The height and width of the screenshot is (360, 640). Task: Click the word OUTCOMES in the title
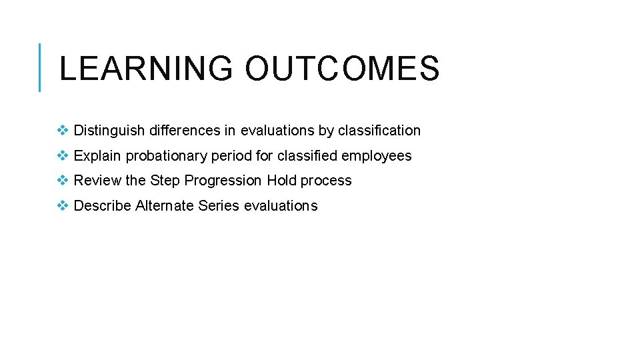coord(342,69)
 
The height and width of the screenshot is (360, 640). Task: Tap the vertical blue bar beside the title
coord(40,67)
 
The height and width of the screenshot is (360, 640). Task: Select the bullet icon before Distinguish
coord(63,131)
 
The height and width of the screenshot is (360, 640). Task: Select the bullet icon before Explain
coord(63,156)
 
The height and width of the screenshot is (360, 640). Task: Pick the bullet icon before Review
coord(63,181)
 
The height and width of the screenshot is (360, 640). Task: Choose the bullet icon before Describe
coord(63,206)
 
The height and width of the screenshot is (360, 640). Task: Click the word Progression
coord(223,181)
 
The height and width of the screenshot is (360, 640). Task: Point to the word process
coord(326,181)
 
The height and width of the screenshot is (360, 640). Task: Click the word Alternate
coord(165,206)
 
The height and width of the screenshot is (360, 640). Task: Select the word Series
coord(219,206)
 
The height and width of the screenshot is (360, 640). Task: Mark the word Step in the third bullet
coord(165,181)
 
